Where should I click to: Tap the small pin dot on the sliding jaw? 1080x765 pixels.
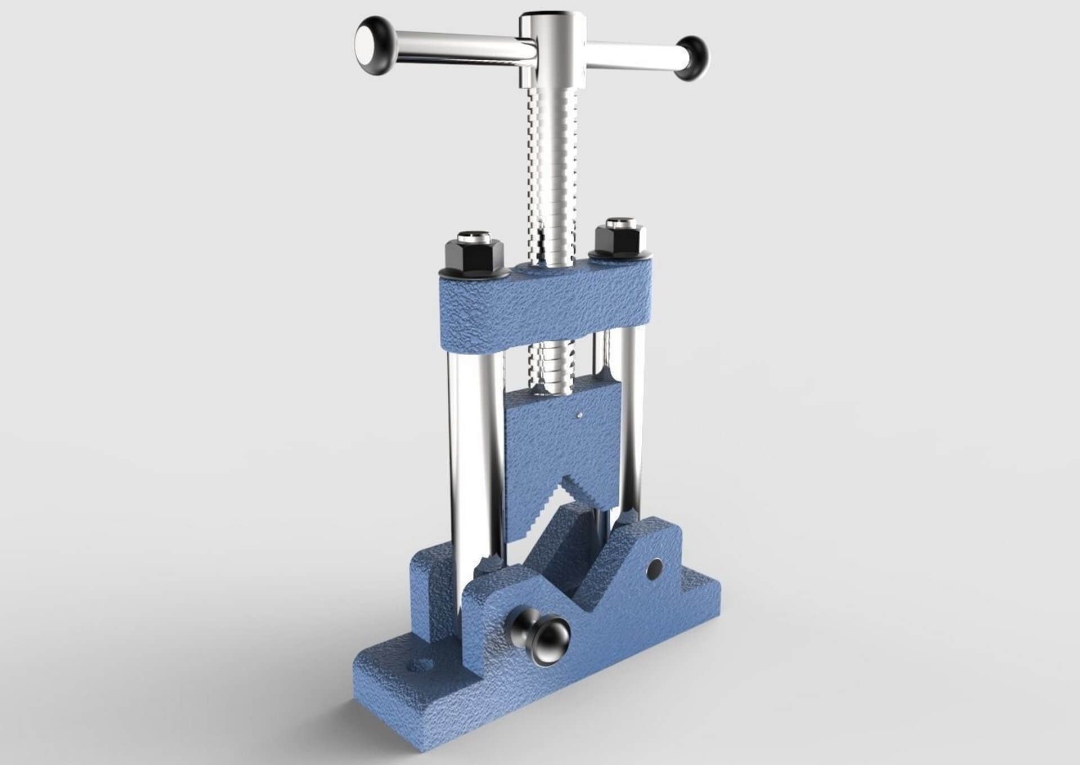[580, 415]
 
